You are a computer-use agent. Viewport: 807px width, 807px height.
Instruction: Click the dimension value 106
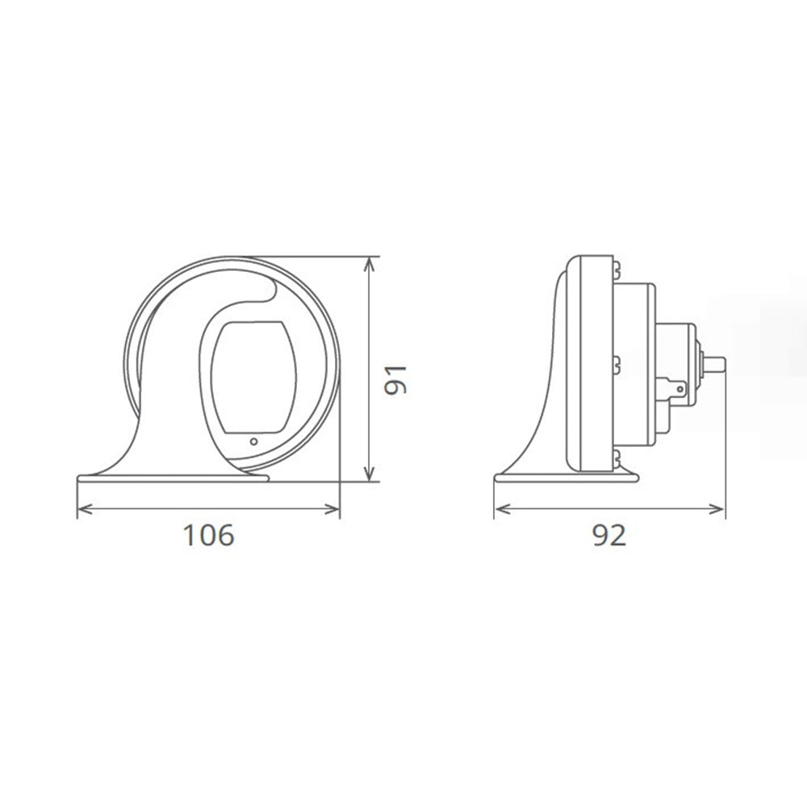(x=208, y=535)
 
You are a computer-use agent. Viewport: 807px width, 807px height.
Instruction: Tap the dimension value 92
(x=609, y=535)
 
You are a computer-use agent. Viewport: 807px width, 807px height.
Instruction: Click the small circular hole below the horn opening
(x=253, y=441)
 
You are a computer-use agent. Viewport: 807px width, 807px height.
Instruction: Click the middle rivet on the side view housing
(x=617, y=362)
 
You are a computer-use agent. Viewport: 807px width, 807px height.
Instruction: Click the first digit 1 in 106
(x=188, y=535)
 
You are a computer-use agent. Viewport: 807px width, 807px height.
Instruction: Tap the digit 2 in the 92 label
(x=619, y=535)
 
